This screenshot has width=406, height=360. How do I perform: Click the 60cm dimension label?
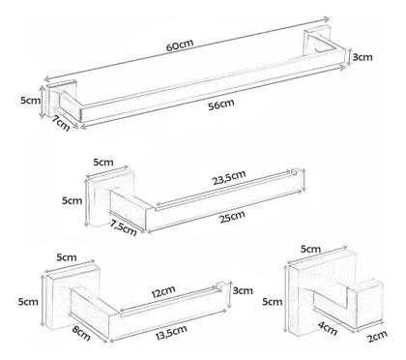(x=180, y=45)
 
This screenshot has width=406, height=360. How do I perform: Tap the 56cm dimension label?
(x=221, y=105)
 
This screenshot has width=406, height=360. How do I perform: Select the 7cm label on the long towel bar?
(x=61, y=123)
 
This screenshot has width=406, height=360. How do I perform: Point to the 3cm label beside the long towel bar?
(x=362, y=57)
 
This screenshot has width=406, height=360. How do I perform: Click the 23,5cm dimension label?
(x=229, y=177)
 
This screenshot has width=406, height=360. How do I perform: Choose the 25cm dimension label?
(x=232, y=217)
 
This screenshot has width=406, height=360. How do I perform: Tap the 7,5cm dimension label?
(x=123, y=227)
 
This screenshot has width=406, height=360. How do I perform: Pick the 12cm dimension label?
(x=163, y=291)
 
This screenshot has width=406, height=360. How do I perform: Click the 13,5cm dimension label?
(x=171, y=332)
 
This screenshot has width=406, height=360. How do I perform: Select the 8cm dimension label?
(x=81, y=333)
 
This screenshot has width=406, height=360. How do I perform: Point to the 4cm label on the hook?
(x=328, y=328)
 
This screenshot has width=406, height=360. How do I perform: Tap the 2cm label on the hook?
(x=377, y=337)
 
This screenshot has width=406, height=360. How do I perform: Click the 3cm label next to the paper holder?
(x=243, y=290)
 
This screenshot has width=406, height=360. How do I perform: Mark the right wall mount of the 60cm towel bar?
(x=316, y=40)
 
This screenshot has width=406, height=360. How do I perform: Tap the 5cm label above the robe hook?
(x=310, y=250)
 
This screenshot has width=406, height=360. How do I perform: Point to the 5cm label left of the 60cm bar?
(x=31, y=100)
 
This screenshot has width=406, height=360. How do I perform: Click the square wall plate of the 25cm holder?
(x=109, y=196)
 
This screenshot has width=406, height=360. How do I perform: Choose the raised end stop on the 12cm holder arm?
(x=219, y=286)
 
